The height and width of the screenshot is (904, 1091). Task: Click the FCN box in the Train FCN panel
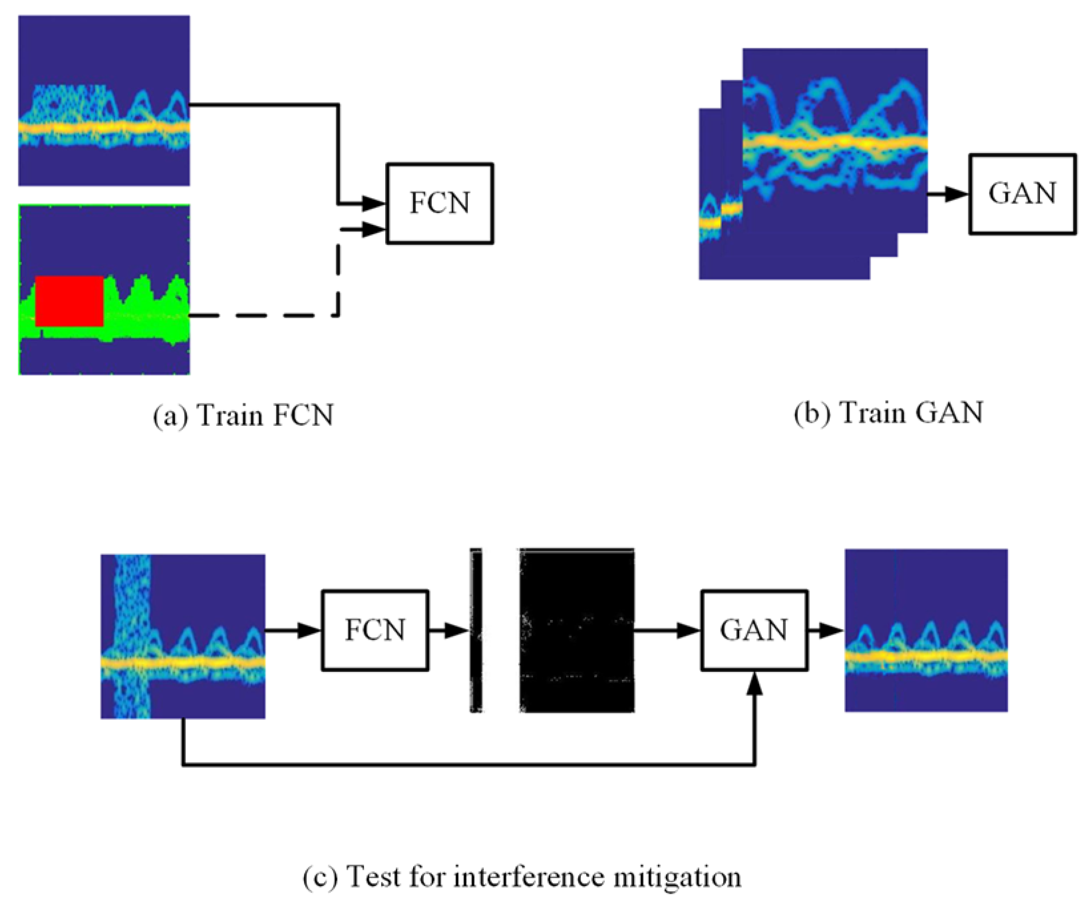(x=439, y=203)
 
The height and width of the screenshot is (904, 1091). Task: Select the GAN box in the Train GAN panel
(x=1022, y=194)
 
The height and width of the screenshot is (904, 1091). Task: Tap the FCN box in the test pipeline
(x=375, y=630)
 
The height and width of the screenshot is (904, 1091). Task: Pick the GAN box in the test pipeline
(x=754, y=630)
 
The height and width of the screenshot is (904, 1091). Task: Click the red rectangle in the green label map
(x=70, y=301)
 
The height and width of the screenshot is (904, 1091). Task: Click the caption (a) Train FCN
(x=243, y=416)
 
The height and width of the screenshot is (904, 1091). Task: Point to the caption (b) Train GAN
(x=888, y=414)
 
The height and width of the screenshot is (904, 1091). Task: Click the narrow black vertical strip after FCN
(x=476, y=630)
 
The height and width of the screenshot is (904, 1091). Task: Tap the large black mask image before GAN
(x=577, y=630)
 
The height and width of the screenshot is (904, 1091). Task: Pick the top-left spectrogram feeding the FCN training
(x=104, y=100)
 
